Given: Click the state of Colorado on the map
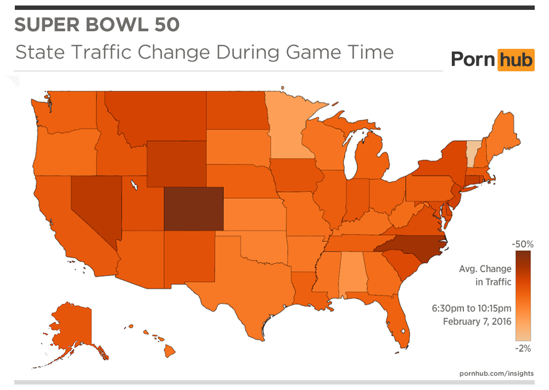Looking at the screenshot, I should tap(194, 208).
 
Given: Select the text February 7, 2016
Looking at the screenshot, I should tap(477, 321).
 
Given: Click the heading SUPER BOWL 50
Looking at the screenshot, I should tap(96, 25).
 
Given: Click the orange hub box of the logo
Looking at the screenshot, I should tap(515, 59).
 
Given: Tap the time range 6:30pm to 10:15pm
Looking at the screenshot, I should tap(471, 308).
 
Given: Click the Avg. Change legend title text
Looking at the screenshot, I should tap(485, 269).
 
